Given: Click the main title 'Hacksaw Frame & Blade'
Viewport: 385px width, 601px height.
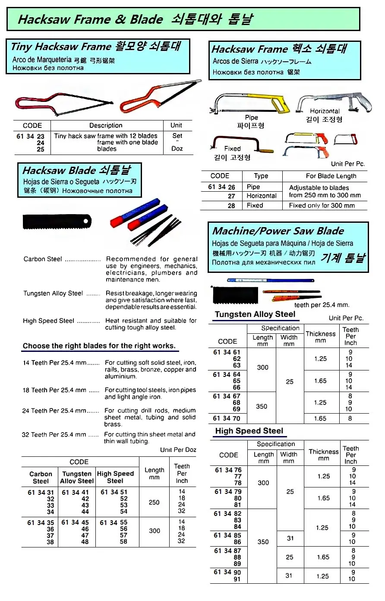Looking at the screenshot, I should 90,19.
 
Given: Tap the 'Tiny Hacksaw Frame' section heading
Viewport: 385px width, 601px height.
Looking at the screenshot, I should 61,46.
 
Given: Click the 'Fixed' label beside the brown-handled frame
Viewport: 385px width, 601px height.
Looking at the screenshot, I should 232,149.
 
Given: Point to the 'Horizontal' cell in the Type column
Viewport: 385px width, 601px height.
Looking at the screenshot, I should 262,196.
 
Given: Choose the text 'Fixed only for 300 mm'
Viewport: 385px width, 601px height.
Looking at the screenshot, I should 322,206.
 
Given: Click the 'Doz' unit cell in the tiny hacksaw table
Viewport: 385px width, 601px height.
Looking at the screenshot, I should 177,149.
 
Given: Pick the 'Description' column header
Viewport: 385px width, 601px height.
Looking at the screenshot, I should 106,126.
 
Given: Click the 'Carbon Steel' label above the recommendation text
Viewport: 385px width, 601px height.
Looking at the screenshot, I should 43,259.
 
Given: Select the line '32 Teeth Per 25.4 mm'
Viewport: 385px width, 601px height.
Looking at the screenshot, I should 54,435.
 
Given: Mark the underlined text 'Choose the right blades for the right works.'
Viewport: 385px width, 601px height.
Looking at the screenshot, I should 99,346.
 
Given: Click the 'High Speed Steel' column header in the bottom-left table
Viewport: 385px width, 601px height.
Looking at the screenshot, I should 115,477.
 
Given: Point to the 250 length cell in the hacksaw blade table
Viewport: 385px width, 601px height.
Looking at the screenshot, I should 154,503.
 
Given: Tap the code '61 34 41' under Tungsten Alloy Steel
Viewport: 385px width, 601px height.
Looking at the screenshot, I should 75,492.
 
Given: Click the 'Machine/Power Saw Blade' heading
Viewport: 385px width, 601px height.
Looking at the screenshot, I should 278,231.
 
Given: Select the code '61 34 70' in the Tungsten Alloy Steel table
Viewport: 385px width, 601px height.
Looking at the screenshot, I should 227,418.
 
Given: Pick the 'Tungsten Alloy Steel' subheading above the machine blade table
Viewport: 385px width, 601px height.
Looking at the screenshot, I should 255,314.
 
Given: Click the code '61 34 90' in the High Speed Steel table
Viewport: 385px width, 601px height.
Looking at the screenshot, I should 227,572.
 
